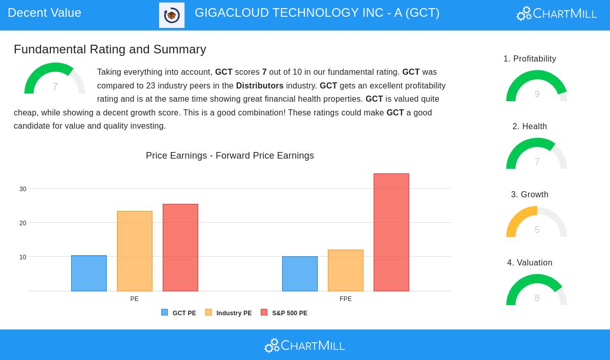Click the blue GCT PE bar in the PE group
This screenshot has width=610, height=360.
coord(89,273)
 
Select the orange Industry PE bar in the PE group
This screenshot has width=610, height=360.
coord(135,251)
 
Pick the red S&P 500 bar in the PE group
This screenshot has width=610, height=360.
coord(180,248)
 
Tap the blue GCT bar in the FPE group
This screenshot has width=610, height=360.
coord(300,274)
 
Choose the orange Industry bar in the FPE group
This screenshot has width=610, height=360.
coord(346,271)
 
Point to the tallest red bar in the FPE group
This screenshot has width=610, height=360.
coord(391,232)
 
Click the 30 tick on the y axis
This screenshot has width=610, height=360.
coord(23,189)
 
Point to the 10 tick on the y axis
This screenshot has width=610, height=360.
coord(23,257)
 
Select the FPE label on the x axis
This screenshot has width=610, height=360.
coord(346,299)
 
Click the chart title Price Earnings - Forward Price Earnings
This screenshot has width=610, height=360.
coord(230,156)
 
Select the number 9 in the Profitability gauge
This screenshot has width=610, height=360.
coord(537,94)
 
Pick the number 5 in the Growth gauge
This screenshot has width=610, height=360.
coord(537,230)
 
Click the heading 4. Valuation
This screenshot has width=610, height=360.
coord(530,263)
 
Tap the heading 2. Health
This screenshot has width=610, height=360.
coord(530,127)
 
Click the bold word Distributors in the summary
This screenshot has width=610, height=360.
coord(260,85)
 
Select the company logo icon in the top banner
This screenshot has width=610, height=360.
coord(172,15)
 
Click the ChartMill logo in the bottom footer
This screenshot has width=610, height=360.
coord(304,346)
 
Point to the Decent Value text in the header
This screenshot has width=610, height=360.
coord(45,13)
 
